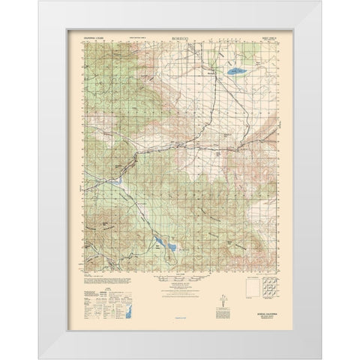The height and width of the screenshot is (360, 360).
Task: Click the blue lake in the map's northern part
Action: (234, 73)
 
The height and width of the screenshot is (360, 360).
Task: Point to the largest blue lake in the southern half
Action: (170, 247)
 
